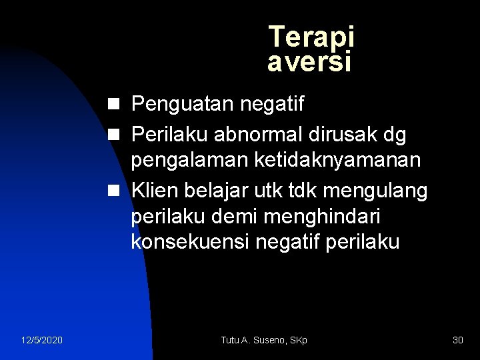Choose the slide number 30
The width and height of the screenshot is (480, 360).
457,341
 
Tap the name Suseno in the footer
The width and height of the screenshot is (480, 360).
270,341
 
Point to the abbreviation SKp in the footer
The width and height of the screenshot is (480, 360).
299,341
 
